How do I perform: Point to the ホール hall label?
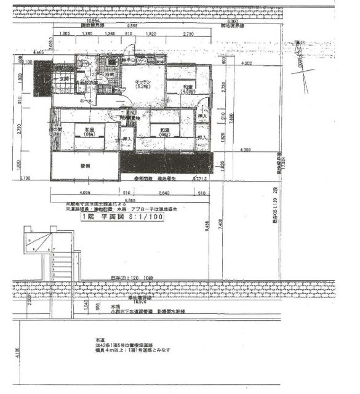pyautogui.click(x=87, y=100)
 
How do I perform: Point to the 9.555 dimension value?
pyautogui.click(x=132, y=26)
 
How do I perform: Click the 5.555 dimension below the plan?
pyautogui.click(x=130, y=199)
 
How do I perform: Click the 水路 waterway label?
pyautogui.click(x=114, y=306)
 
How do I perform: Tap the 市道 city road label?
pyautogui.click(x=100, y=340)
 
